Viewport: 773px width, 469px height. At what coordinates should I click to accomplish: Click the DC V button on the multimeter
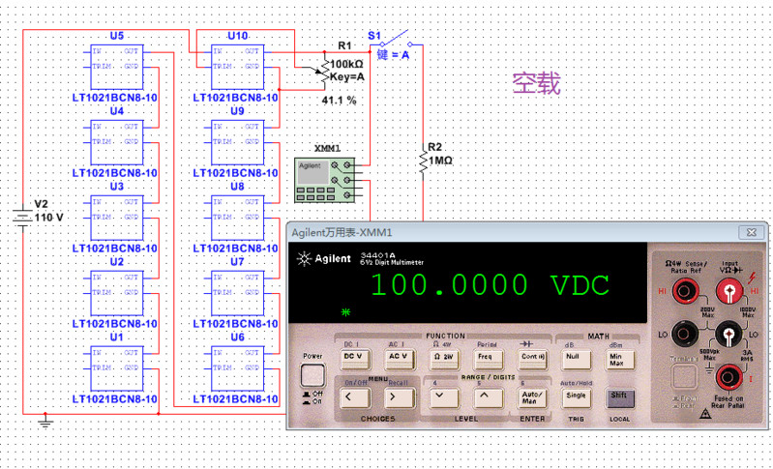353,356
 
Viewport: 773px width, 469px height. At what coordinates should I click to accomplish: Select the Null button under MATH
572,356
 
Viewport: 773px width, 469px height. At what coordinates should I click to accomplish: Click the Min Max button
616,358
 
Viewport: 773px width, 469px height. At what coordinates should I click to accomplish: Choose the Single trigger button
575,395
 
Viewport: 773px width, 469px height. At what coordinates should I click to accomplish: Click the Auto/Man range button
530,395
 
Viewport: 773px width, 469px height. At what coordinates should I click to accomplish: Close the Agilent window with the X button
748,232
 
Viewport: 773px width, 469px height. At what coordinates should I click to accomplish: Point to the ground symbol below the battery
45,421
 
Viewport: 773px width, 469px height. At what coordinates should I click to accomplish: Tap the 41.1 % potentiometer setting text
339,100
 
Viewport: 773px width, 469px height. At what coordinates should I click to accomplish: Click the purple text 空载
536,84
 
